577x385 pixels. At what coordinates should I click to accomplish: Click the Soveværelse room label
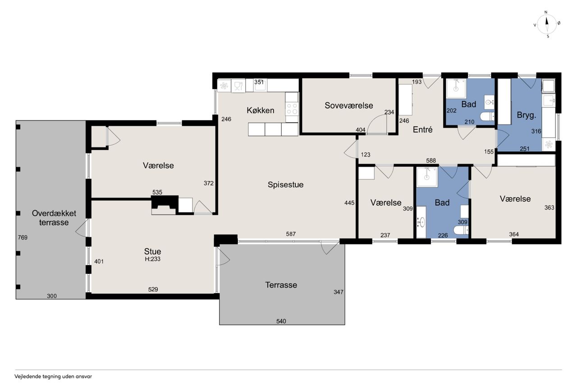[348, 106]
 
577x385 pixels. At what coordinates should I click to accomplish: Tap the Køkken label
[260, 111]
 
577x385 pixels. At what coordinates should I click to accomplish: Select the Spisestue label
[285, 185]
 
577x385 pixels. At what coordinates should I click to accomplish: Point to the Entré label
[422, 130]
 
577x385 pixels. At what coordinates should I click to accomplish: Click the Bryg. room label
[526, 115]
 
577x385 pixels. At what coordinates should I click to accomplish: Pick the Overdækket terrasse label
[54, 218]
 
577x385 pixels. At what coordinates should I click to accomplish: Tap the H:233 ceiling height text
[152, 259]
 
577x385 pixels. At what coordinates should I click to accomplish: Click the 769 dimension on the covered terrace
[23, 237]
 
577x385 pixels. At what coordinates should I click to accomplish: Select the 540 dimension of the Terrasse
[281, 321]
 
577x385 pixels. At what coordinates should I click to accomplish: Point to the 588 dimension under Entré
[431, 161]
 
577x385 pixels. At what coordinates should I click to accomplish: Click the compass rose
[547, 24]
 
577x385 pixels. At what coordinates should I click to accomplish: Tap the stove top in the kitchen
[292, 109]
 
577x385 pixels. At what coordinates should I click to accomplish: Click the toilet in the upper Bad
[487, 116]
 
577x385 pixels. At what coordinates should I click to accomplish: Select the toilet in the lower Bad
[461, 230]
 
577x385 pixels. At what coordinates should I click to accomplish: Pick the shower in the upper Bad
[456, 88]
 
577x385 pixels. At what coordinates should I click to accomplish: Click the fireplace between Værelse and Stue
[165, 205]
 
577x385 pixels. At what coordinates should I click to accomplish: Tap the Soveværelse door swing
[377, 124]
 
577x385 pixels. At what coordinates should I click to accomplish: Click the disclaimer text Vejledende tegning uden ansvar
[53, 376]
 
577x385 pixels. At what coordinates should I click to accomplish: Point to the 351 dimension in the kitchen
[259, 82]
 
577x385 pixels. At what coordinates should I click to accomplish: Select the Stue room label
[152, 251]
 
